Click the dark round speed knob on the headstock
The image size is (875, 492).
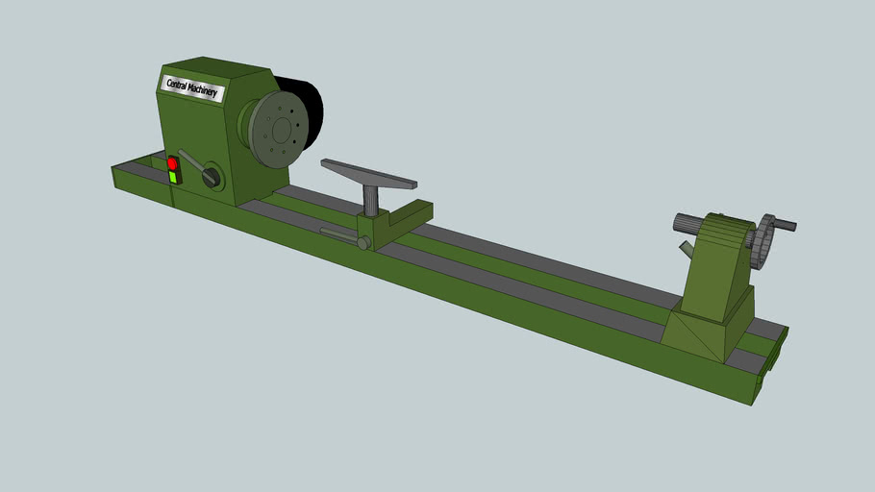[x=212, y=176]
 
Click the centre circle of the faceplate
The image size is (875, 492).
[x=282, y=130]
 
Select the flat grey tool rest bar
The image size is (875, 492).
[x=369, y=174]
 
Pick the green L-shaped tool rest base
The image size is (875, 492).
[x=394, y=223]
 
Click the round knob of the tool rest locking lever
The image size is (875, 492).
[x=363, y=243]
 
